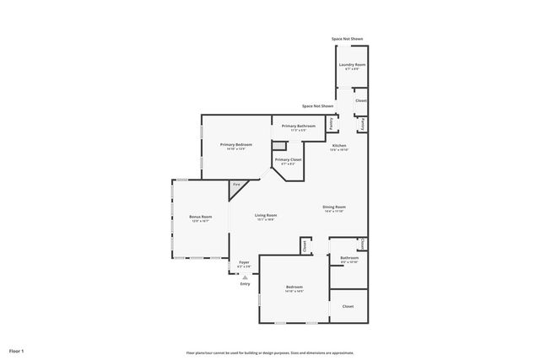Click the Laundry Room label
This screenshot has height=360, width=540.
352,65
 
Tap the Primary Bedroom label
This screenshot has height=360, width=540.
236,145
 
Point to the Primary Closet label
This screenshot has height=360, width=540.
288,159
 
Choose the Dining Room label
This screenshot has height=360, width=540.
334,207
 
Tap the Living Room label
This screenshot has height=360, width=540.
267,216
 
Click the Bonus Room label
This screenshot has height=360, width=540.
200,218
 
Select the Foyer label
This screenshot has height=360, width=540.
244,262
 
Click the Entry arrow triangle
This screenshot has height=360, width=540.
245,276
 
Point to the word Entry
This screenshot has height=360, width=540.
245,283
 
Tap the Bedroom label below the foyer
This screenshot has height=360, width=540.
294,287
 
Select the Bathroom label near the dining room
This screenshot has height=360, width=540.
349,258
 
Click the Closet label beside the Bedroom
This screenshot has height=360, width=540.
348,306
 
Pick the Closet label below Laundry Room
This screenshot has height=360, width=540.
360,100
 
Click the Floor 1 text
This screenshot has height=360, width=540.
16,350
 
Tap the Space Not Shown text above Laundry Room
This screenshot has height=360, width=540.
347,39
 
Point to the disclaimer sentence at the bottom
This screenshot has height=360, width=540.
270,352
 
